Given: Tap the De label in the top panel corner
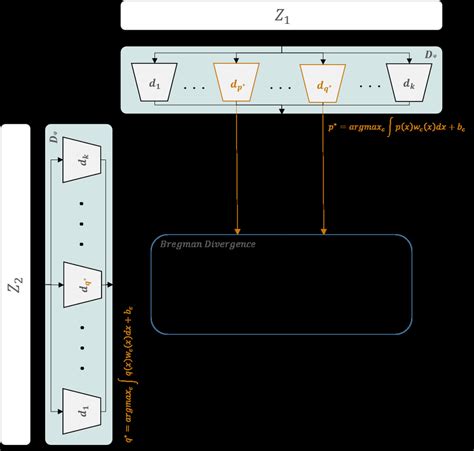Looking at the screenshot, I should click(431, 52).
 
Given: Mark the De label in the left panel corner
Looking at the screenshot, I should click(54, 134).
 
